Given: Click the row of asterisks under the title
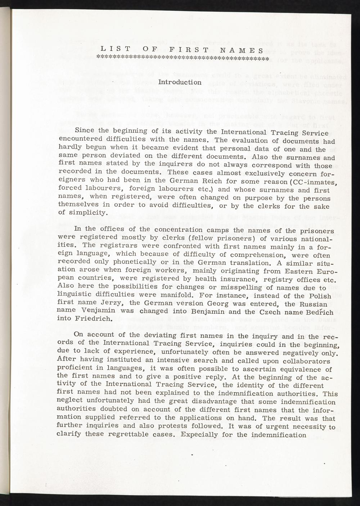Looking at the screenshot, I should point(183,58).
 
